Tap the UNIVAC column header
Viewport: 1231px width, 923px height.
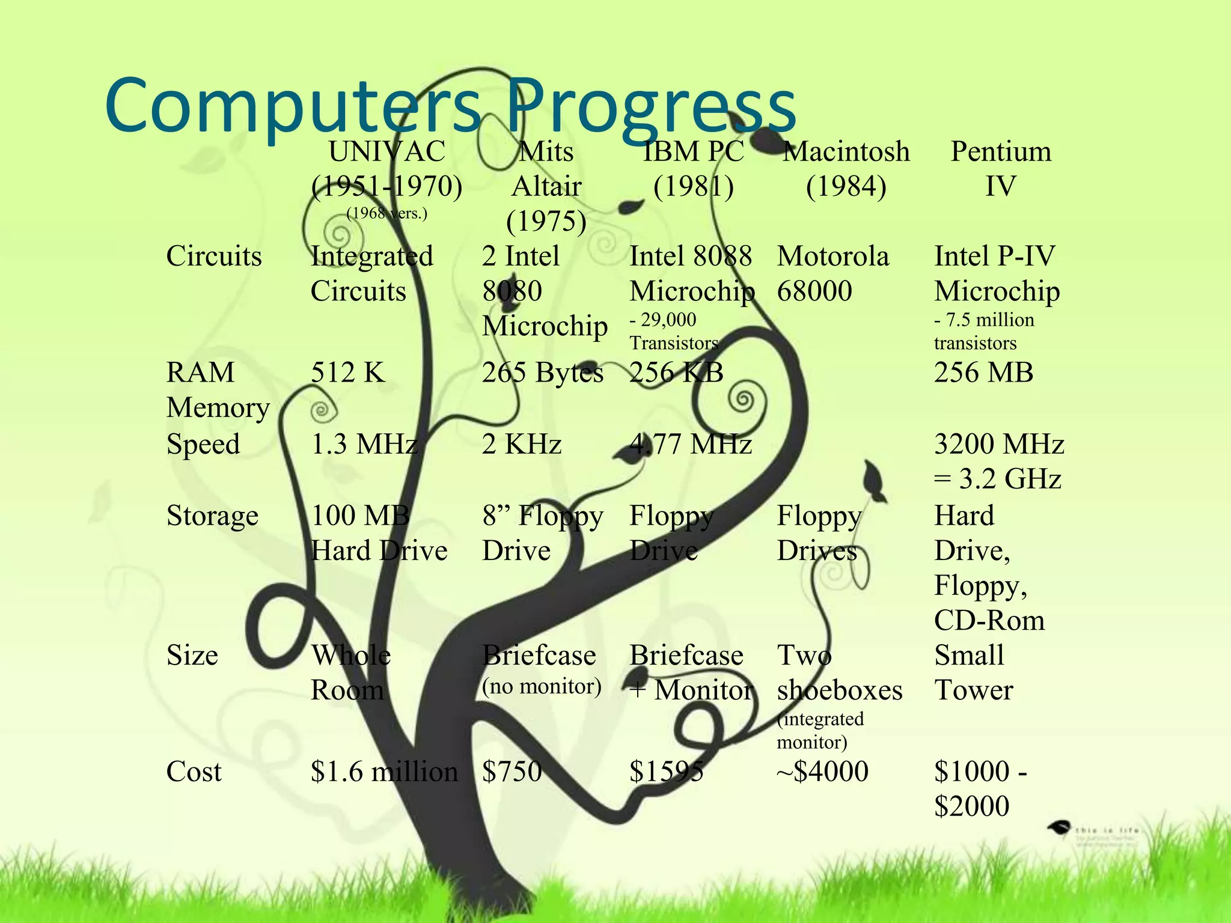click(x=387, y=151)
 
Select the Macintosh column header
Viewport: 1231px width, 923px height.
click(x=846, y=151)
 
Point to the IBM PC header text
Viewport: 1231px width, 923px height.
click(x=694, y=151)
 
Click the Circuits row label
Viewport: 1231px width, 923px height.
click(x=214, y=257)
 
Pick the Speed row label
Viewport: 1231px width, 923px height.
click(x=203, y=445)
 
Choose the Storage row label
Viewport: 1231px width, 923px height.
click(x=212, y=516)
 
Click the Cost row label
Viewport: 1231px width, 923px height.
click(x=194, y=772)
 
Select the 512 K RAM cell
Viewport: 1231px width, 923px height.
click(x=347, y=373)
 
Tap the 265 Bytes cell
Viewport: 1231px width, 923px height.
click(x=542, y=373)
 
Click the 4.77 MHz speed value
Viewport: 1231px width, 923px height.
click(x=691, y=445)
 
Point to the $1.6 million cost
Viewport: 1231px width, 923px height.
click(x=384, y=772)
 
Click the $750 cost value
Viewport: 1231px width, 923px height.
click(x=512, y=772)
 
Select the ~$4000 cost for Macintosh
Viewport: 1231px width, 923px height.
click(x=822, y=772)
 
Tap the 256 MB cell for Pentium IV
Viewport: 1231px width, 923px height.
click(x=983, y=373)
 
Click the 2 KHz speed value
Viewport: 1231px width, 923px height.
click(x=522, y=445)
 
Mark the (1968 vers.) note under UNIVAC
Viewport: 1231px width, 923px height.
click(x=386, y=213)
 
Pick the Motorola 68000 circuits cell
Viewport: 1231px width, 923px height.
click(x=832, y=274)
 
